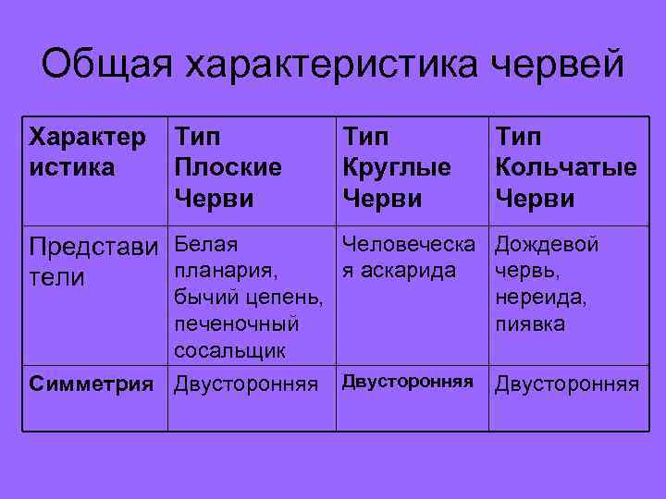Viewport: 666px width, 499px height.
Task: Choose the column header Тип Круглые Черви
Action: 397,168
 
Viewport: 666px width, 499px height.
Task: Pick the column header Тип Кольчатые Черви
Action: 565,168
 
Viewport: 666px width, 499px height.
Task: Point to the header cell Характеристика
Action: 88,152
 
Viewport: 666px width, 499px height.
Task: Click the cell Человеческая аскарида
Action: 408,258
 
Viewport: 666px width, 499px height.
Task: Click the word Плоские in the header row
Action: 228,168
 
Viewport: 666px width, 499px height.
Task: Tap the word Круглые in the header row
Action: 397,168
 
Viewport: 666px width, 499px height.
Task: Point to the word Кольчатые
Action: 565,168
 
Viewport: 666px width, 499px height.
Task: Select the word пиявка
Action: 530,325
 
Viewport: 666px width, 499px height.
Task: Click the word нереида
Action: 541,298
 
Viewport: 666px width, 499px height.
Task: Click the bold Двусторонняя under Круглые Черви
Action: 408,382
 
